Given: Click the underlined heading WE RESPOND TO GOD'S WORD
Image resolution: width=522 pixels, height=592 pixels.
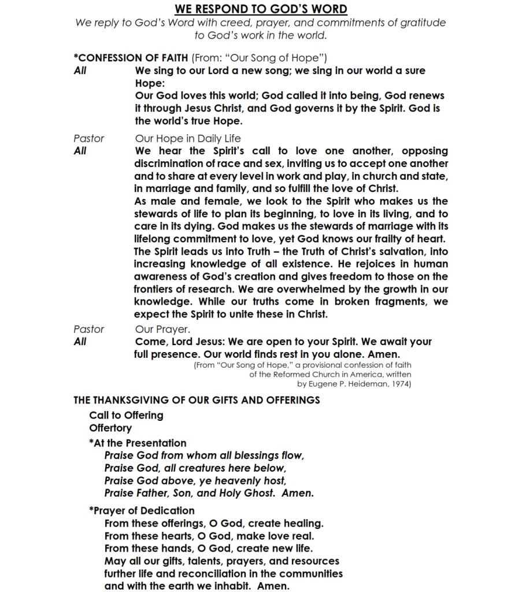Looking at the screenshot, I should (261, 9).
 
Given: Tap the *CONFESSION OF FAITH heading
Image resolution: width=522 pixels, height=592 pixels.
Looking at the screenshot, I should (131, 58).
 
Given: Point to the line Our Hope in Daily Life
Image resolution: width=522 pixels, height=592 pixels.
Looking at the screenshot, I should (188, 138).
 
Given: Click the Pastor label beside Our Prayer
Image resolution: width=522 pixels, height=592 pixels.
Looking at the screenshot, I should (89, 329).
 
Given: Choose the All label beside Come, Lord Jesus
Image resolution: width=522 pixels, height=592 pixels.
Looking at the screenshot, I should (80, 342).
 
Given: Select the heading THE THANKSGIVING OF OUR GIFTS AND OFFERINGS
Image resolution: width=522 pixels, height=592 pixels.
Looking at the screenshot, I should (197, 399).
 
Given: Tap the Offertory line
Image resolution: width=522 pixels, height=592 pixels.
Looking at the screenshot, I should (110, 428).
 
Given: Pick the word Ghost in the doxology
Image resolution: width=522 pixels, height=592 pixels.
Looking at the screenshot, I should (269, 493).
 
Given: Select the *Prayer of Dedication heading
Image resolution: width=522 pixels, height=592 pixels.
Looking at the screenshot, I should (142, 510).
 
